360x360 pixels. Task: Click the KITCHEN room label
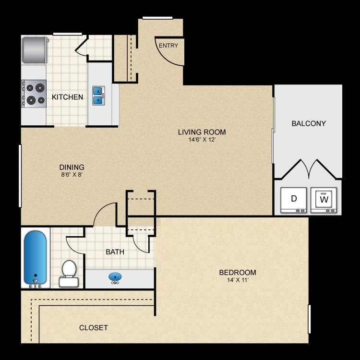point(67,97)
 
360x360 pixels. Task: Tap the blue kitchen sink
point(98,95)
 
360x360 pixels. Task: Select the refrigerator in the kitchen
point(35,49)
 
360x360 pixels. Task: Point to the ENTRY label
point(168,46)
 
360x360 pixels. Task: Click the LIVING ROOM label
point(202,132)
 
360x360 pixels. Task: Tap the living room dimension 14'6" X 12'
point(202,140)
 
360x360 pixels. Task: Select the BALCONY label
point(309,123)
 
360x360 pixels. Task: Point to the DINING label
point(72,167)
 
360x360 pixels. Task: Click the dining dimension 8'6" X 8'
point(72,175)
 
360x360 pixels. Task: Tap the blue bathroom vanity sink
point(115,278)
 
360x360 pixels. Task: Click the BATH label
point(115,252)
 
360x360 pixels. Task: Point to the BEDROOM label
point(238,273)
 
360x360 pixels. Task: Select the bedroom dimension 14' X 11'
point(238,281)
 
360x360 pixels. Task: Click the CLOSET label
point(94,328)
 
